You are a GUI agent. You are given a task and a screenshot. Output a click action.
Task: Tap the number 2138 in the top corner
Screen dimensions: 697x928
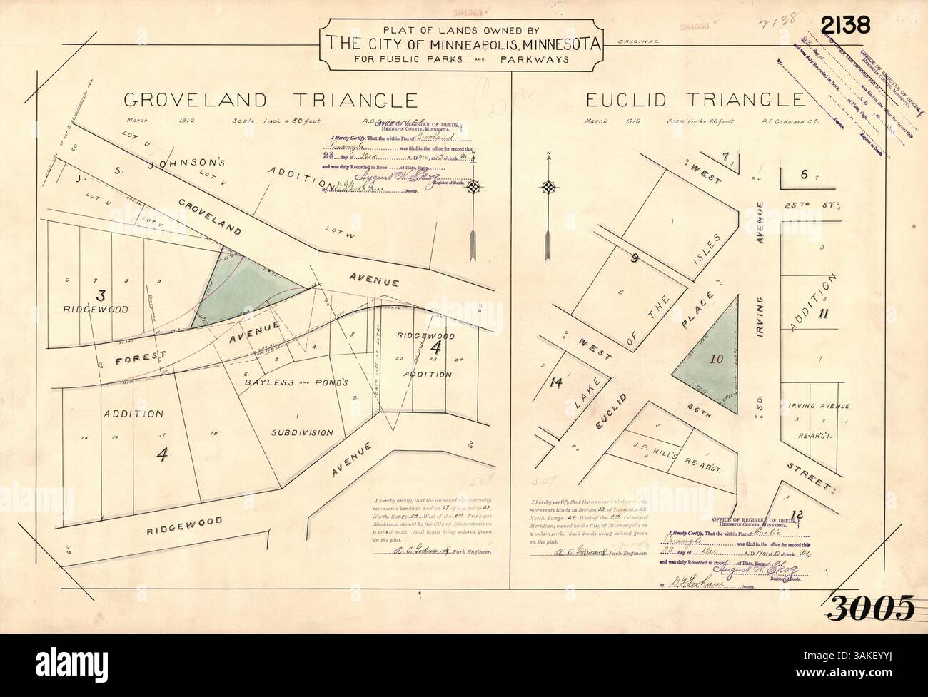click(845, 25)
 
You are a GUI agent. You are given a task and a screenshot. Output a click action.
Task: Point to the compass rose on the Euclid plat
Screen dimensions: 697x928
click(548, 188)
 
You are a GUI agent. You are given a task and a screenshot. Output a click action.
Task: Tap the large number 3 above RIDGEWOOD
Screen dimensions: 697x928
click(101, 294)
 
